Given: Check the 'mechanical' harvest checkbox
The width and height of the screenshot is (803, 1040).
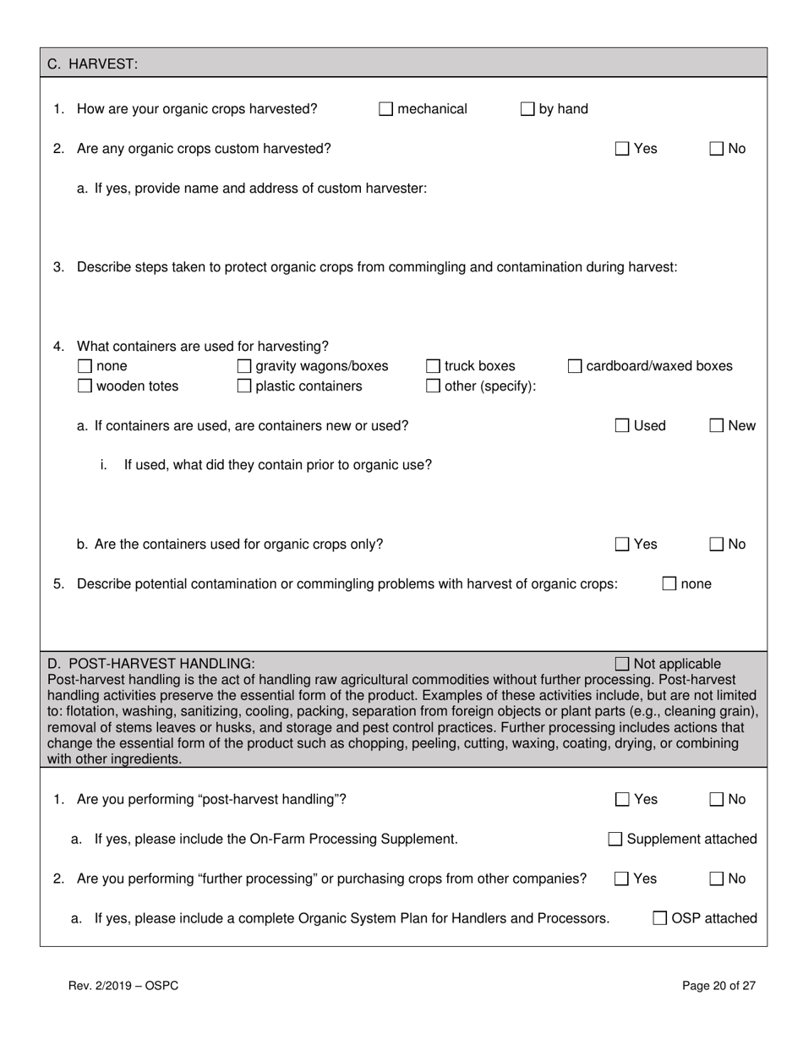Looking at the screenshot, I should coord(386,109).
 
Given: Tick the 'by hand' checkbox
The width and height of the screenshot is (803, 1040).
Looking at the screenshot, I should coord(527,109).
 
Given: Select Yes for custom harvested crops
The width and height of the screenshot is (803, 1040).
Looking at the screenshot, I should coord(622,149).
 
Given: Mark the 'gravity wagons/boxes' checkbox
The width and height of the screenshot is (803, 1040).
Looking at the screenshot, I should coord(244,366).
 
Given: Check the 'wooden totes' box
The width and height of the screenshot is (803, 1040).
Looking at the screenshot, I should coord(85,386).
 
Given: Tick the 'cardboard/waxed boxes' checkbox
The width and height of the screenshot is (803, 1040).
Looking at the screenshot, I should coord(575,366).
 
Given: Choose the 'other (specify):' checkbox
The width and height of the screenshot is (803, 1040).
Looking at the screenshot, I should coord(433,386).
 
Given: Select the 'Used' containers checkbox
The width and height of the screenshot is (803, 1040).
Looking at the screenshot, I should coord(622,426).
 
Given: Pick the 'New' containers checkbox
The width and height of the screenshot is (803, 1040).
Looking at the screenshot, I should coord(716,426).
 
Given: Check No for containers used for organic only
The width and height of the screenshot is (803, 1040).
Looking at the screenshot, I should coord(716,545).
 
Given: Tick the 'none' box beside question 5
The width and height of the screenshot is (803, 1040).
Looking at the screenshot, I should coord(669,583).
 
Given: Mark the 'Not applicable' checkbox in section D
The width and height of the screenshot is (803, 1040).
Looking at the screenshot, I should coord(622,664).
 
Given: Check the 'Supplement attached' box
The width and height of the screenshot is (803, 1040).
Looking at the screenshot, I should coord(615,840).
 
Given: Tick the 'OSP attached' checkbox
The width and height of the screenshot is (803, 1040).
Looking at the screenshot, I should coord(660,918).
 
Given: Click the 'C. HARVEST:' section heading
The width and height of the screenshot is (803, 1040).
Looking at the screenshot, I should coord(92,63).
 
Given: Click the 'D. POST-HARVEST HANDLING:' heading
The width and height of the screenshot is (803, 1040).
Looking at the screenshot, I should coord(151,664).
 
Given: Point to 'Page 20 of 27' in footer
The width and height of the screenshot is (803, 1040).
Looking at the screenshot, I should coord(718,985).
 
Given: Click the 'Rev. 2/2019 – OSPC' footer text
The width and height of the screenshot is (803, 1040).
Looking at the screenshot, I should coord(123,985).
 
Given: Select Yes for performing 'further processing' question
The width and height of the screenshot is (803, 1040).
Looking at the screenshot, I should coord(622,879).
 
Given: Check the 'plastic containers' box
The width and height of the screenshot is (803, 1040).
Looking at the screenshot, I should coord(244,386).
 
